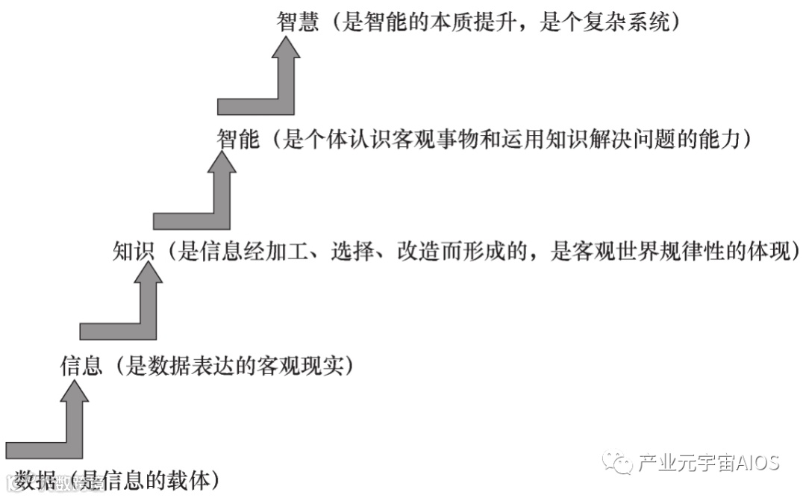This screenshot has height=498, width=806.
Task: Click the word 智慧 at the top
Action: [298, 22]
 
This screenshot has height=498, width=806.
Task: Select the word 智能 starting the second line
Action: [237, 139]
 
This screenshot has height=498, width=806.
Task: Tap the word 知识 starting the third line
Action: [134, 252]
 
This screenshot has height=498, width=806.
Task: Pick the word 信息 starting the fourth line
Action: [81, 366]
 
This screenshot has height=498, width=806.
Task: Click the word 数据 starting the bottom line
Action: [36, 479]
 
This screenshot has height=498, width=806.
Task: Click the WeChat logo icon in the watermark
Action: [618, 463]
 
